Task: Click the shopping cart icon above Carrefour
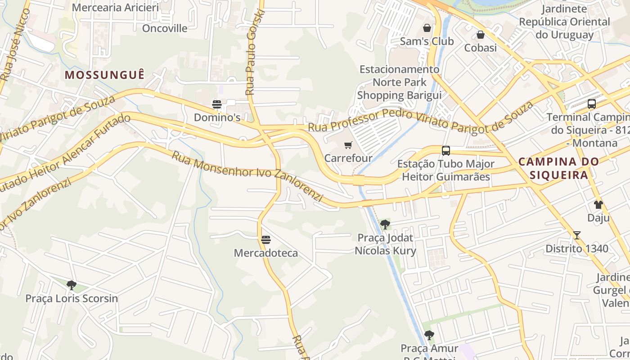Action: point(348,145)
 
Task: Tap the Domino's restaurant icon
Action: point(217,105)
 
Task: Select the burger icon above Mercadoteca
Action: point(266,240)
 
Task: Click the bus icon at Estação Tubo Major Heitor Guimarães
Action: point(446,151)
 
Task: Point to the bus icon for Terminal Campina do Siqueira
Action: point(592,104)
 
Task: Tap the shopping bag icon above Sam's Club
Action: point(427,28)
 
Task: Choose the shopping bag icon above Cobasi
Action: point(481,35)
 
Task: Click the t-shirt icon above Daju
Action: point(598,205)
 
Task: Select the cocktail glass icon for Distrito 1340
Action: point(577,235)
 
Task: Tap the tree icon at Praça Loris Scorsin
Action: point(71,285)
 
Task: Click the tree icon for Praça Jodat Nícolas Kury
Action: point(385,225)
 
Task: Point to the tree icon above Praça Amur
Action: point(429,335)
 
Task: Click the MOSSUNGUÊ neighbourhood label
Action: point(105,75)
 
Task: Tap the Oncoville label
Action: point(165,28)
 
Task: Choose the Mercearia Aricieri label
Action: point(116,8)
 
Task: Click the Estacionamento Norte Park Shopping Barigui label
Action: point(399,82)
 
